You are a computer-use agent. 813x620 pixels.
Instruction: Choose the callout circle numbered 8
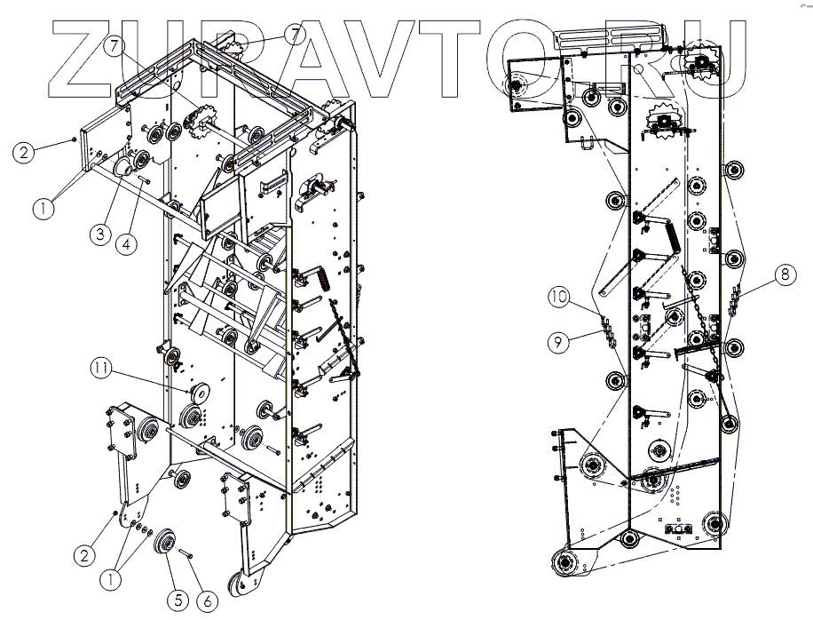point(783,275)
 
